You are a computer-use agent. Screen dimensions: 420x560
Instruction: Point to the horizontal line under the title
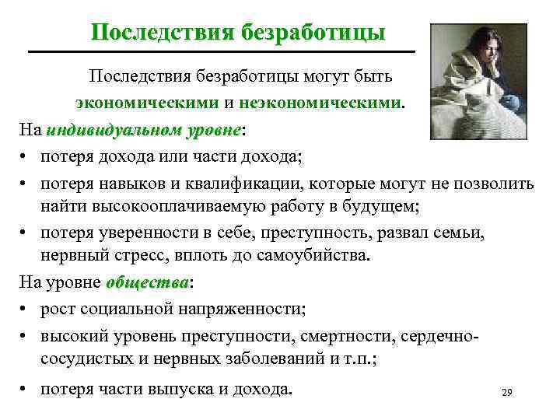pyautogui.click(x=222, y=52)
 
